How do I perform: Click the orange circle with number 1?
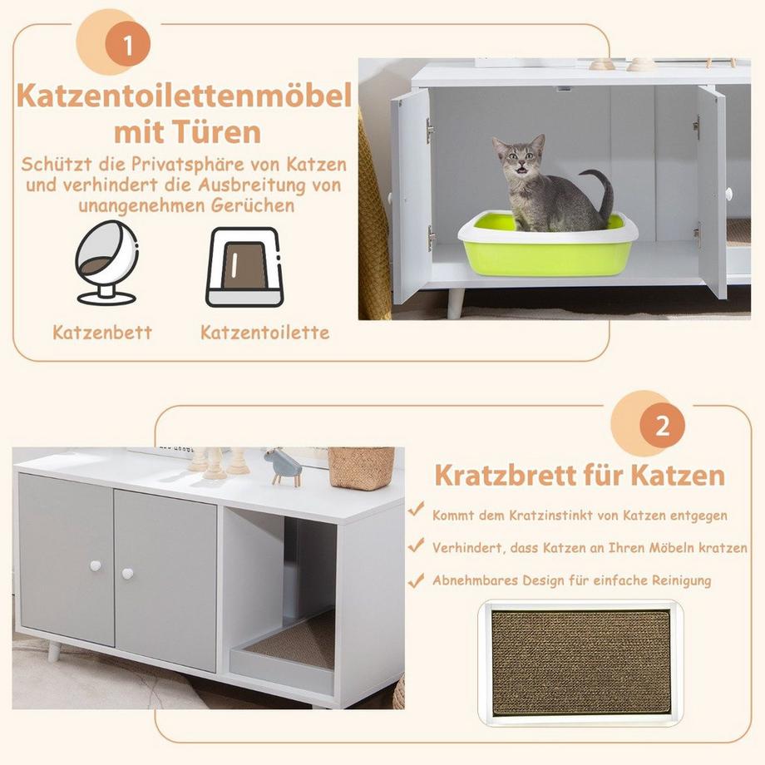pyautogui.click(x=127, y=46)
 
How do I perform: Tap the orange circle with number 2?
pyautogui.click(x=662, y=427)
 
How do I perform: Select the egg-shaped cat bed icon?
pyautogui.click(x=106, y=263)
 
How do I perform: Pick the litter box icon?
pyautogui.click(x=244, y=266)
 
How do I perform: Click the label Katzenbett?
pyautogui.click(x=102, y=333)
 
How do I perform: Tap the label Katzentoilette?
pyautogui.click(x=264, y=333)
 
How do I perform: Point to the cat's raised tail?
pyautogui.click(x=602, y=191)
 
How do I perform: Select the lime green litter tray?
pyautogui.click(x=549, y=250)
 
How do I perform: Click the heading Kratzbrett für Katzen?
pyautogui.click(x=580, y=476)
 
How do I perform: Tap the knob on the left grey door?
pyautogui.click(x=95, y=565)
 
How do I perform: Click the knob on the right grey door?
pyautogui.click(x=127, y=573)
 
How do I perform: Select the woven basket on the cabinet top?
pyautogui.click(x=361, y=467)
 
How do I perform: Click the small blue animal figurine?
pyautogui.click(x=284, y=467)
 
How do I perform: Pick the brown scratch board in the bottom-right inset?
pyautogui.click(x=580, y=663)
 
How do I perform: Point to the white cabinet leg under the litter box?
pyautogui.click(x=455, y=302)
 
